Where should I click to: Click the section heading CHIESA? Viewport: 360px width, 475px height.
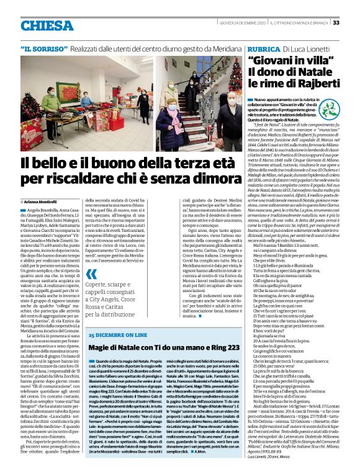(47, 24)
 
